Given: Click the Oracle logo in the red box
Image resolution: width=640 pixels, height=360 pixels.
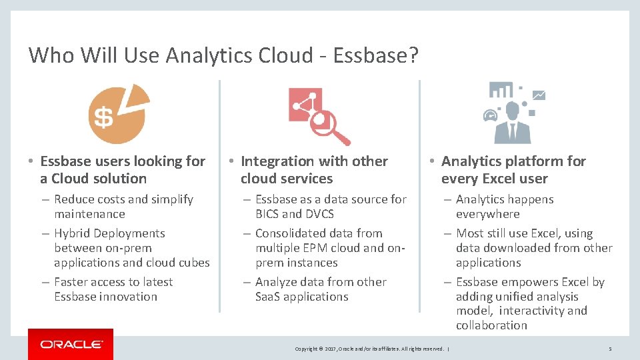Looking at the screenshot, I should click(x=71, y=344).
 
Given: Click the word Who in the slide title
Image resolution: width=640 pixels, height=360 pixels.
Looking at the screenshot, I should click(x=51, y=55).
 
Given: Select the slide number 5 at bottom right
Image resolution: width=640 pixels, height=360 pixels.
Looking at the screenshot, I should click(x=610, y=349).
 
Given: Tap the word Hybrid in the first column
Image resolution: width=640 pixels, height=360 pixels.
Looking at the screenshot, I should click(x=73, y=233).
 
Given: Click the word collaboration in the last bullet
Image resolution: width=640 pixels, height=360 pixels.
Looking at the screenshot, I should click(x=491, y=325).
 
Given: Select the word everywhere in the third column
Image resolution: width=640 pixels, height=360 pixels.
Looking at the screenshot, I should click(x=487, y=214).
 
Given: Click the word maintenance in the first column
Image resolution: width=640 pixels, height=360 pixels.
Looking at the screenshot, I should click(x=89, y=214).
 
